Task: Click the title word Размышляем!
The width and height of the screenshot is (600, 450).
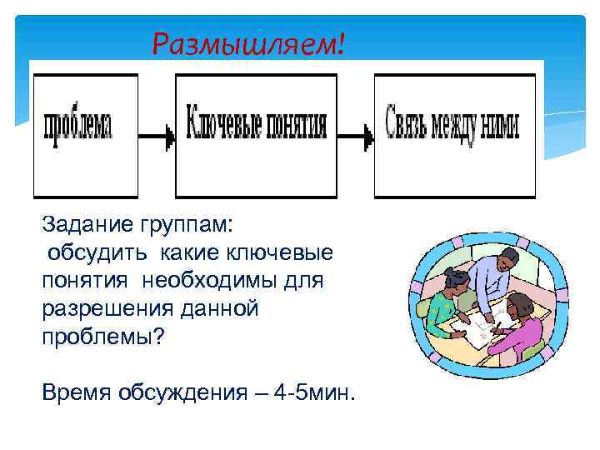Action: tap(247, 42)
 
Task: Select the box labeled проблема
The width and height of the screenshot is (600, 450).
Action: tap(85, 134)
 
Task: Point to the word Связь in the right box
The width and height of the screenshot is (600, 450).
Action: tap(409, 125)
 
